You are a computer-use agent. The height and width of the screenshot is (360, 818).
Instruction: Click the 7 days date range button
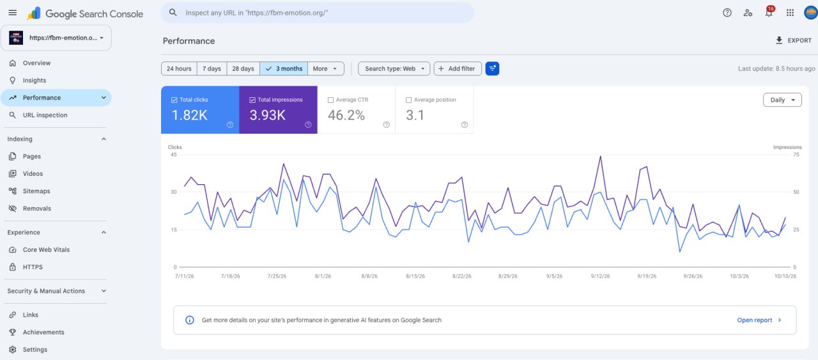(212, 68)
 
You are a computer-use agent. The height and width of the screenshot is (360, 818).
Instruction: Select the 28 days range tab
(243, 68)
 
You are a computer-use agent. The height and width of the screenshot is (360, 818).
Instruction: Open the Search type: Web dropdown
(394, 68)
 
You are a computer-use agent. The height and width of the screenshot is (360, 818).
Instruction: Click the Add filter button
(458, 68)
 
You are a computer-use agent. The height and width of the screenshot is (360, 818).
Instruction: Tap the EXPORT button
(794, 40)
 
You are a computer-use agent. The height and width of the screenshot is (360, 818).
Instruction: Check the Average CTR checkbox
(330, 100)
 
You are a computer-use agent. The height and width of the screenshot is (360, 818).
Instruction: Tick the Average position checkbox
(408, 100)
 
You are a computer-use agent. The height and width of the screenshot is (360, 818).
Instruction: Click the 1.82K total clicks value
(190, 115)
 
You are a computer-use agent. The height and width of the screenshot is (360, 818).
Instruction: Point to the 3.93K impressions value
(268, 115)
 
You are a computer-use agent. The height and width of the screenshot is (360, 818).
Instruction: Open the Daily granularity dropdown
(782, 100)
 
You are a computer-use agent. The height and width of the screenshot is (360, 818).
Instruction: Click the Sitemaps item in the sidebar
(36, 191)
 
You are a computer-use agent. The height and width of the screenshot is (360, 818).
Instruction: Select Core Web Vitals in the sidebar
(47, 249)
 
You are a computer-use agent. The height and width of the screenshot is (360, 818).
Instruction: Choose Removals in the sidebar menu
(37, 208)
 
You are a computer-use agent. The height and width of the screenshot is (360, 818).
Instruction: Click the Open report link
(759, 320)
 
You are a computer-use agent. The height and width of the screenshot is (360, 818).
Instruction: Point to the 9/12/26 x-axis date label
(600, 276)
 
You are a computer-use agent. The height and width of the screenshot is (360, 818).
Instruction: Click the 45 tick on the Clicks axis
(174, 155)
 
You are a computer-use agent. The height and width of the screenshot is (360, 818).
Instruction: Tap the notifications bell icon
(769, 12)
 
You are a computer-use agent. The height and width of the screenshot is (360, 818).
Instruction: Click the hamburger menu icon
(12, 13)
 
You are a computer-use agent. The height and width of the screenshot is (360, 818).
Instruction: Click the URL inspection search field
(318, 13)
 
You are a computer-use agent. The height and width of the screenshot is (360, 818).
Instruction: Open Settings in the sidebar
(35, 349)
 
